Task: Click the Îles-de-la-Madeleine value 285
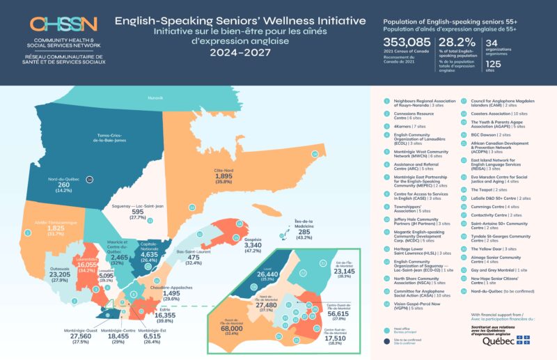point(304,232)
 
